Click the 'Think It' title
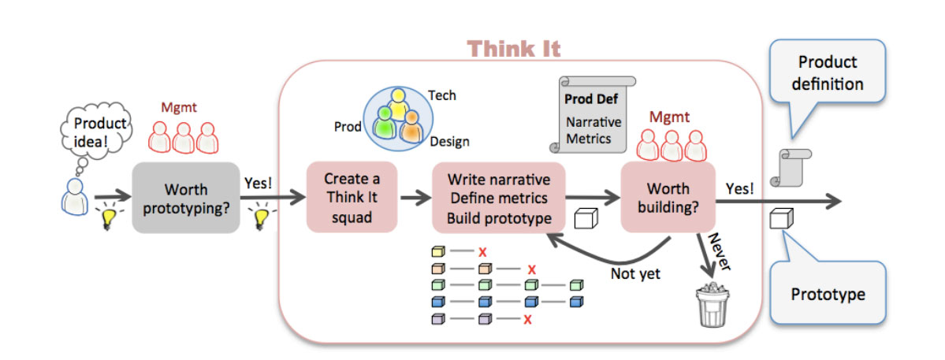tap(514, 49)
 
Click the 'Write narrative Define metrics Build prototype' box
tap(498, 198)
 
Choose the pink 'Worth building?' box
tap(668, 198)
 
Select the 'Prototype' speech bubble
tap(827, 295)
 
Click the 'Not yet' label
tap(635, 274)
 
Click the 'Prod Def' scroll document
tap(593, 114)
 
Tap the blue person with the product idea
tap(73, 196)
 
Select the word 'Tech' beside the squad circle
tap(441, 95)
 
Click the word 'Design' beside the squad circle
tap(449, 142)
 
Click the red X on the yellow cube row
tap(481, 253)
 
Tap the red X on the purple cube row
tap(527, 320)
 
